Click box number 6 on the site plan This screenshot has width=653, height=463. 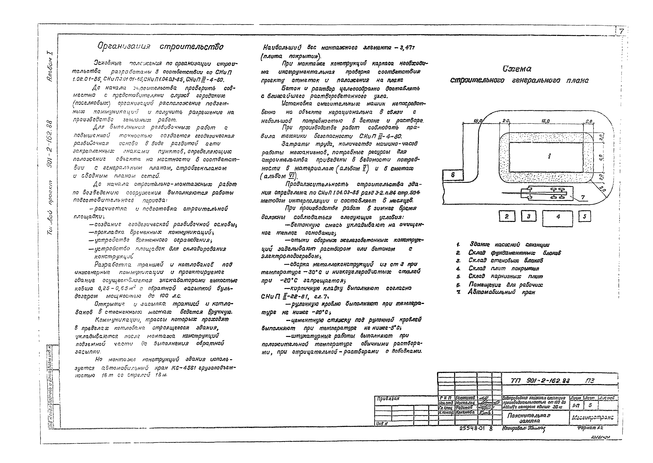click(453, 175)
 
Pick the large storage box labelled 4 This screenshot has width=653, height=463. click(558, 218)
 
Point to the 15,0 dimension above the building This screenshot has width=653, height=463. click(545, 121)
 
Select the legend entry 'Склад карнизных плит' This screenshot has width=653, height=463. click(505, 276)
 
